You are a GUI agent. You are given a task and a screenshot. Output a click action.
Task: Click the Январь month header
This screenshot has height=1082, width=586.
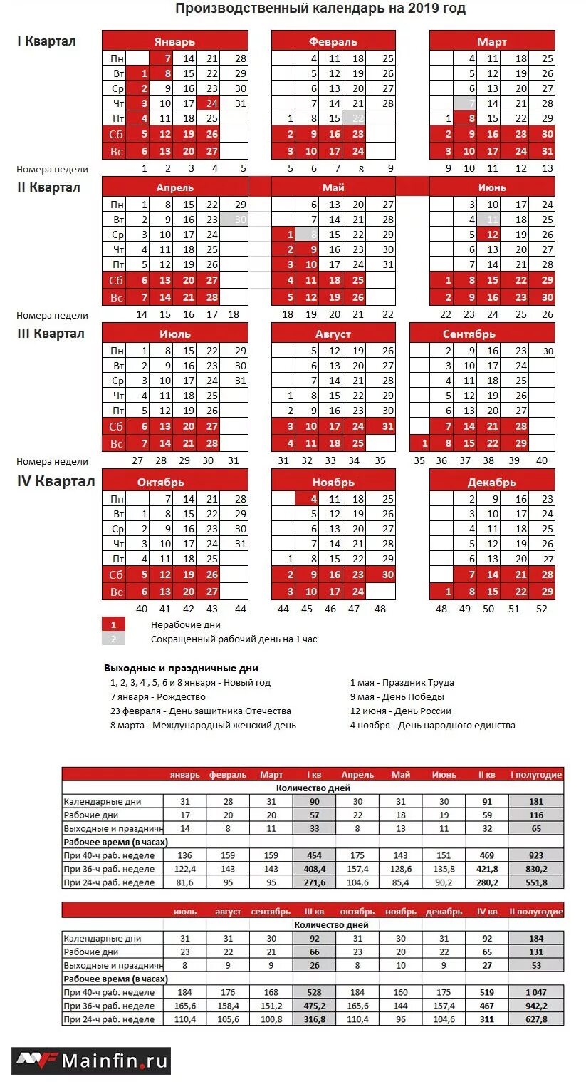point(174,41)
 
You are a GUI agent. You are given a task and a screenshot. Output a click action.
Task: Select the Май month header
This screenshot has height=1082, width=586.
point(333,187)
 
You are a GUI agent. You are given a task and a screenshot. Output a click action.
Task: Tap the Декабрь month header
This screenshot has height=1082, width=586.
point(492,483)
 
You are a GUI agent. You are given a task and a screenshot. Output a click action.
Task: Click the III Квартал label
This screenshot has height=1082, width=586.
point(51,334)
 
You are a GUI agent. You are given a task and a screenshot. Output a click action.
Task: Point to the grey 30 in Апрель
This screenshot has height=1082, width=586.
point(240,220)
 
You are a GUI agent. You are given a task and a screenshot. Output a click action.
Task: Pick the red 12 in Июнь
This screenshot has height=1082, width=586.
point(493,235)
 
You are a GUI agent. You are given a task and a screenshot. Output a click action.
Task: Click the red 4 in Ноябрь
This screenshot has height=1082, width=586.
point(313,499)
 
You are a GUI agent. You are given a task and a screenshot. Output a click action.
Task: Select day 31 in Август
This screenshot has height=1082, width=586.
point(387,426)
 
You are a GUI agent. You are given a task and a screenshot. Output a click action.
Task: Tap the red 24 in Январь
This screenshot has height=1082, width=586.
point(212,103)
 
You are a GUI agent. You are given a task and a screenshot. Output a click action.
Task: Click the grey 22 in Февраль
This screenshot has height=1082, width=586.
point(357,118)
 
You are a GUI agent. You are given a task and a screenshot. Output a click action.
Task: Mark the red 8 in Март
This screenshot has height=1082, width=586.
point(471,118)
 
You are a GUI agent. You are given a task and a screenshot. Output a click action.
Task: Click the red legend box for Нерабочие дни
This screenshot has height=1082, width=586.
point(113,624)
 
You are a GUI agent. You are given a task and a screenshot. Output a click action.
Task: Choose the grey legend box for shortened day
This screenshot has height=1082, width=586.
point(113,639)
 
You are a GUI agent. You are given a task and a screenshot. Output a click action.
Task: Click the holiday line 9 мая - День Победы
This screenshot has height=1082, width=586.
point(397,696)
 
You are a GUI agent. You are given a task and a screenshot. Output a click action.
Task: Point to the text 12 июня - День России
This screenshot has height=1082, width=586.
point(400,711)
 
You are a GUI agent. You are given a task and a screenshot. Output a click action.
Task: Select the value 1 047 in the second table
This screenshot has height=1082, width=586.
point(536,992)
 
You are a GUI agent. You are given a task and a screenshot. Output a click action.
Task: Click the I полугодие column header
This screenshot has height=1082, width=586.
point(536,775)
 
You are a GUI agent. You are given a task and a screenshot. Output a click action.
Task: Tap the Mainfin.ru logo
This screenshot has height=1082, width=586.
point(91,1061)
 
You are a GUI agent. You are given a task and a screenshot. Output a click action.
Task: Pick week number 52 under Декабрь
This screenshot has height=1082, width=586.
point(543,609)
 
